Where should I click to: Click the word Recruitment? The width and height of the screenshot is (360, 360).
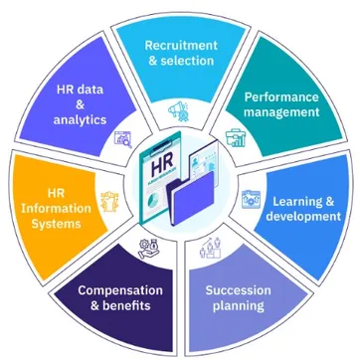(180, 45)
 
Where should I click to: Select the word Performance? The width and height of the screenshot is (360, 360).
(281, 96)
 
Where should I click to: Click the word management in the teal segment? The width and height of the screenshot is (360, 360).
(281, 112)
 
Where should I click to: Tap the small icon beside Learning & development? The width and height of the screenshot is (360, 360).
(250, 199)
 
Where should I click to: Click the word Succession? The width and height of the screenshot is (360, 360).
(238, 290)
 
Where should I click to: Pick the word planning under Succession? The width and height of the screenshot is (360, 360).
(238, 305)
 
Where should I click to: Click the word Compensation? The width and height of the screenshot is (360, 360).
(120, 290)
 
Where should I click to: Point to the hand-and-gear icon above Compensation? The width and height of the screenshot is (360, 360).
(149, 249)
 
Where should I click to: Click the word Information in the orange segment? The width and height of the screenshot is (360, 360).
(56, 208)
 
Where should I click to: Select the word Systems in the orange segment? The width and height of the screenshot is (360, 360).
(56, 224)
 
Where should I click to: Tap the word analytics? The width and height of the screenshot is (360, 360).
(80, 120)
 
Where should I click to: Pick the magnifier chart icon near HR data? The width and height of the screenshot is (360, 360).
(123, 139)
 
